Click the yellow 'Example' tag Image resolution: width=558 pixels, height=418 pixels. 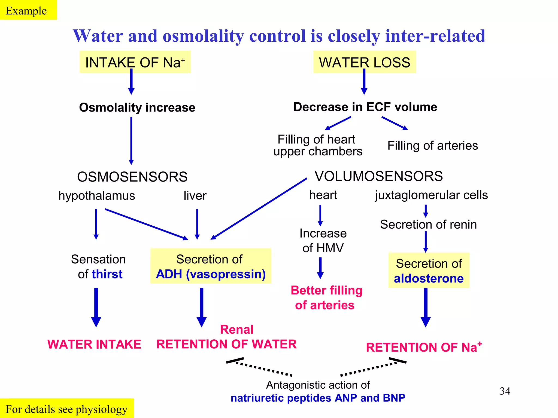pyautogui.click(x=26, y=10)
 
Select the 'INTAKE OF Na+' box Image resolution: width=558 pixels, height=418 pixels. pyautogui.click(x=135, y=62)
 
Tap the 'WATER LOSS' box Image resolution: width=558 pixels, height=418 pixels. pyautogui.click(x=364, y=62)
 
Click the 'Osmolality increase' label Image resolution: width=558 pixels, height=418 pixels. pyautogui.click(x=137, y=107)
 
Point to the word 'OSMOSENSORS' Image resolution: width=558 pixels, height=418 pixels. pyautogui.click(x=132, y=177)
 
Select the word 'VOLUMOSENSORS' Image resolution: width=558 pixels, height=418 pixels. pyautogui.click(x=378, y=176)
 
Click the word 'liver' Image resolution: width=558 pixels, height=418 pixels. pyautogui.click(x=195, y=196)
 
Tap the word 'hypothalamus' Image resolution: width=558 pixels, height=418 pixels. pyautogui.click(x=96, y=196)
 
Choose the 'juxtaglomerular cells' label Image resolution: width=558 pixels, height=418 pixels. pyautogui.click(x=431, y=195)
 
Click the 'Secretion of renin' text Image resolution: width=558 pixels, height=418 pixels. pyautogui.click(x=428, y=225)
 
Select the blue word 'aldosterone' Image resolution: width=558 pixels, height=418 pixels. pyautogui.click(x=429, y=278)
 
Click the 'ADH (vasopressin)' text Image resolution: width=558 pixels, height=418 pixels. pyautogui.click(x=211, y=274)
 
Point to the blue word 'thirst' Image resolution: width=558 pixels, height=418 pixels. pyautogui.click(x=107, y=274)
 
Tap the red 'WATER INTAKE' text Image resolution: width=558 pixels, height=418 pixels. pyautogui.click(x=94, y=344)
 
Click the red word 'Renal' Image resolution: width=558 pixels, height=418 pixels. pyautogui.click(x=236, y=329)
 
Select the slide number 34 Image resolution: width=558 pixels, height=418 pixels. pyautogui.click(x=505, y=391)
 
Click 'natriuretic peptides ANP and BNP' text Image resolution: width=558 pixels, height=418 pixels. pyautogui.click(x=318, y=398)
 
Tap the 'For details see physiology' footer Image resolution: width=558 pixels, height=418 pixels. pyautogui.click(x=66, y=409)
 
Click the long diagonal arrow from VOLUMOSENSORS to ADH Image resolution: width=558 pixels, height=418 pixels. pyautogui.click(x=259, y=209)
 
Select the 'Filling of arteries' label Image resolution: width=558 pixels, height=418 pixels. pyautogui.click(x=432, y=146)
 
